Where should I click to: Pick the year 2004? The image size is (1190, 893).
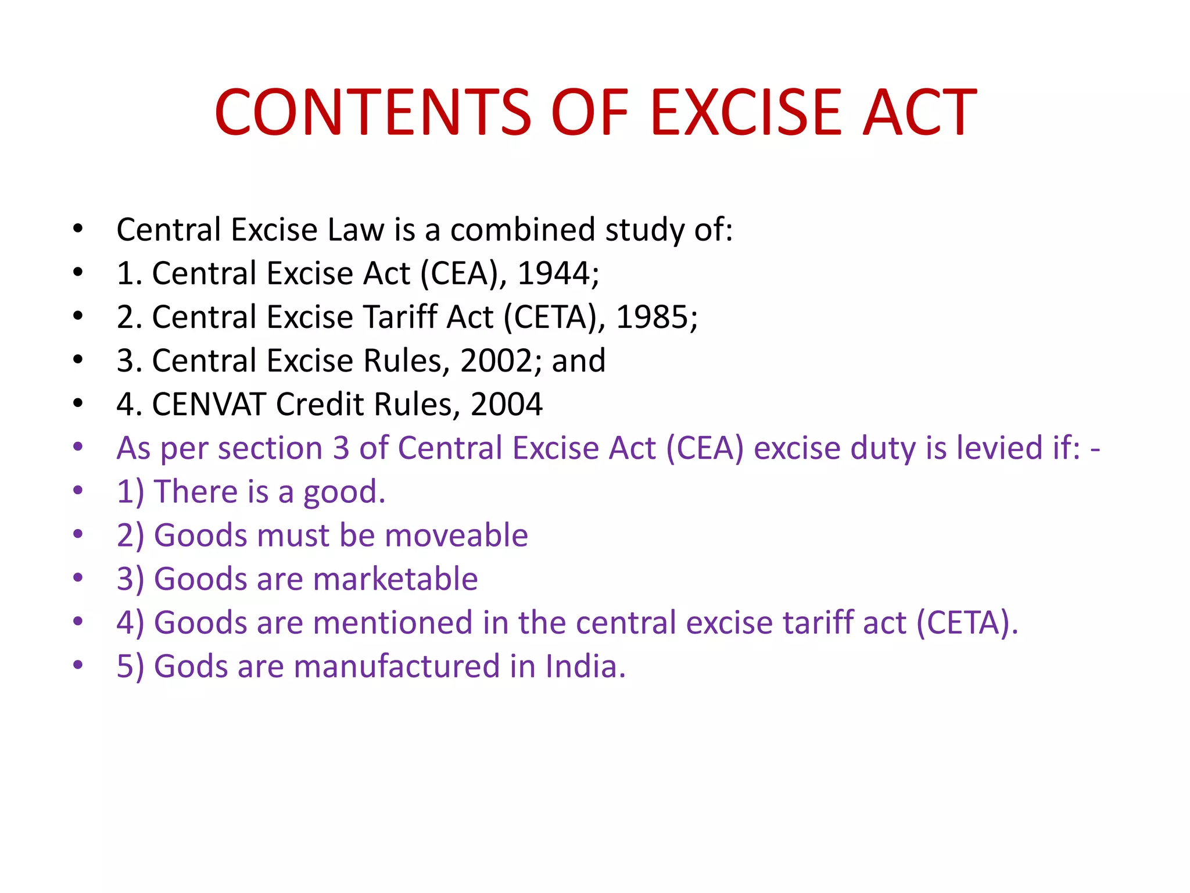(506, 404)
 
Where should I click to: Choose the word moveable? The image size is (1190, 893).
(456, 535)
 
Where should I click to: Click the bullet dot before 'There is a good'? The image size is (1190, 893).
(78, 491)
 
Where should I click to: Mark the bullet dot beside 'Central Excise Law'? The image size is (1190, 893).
(78, 228)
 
